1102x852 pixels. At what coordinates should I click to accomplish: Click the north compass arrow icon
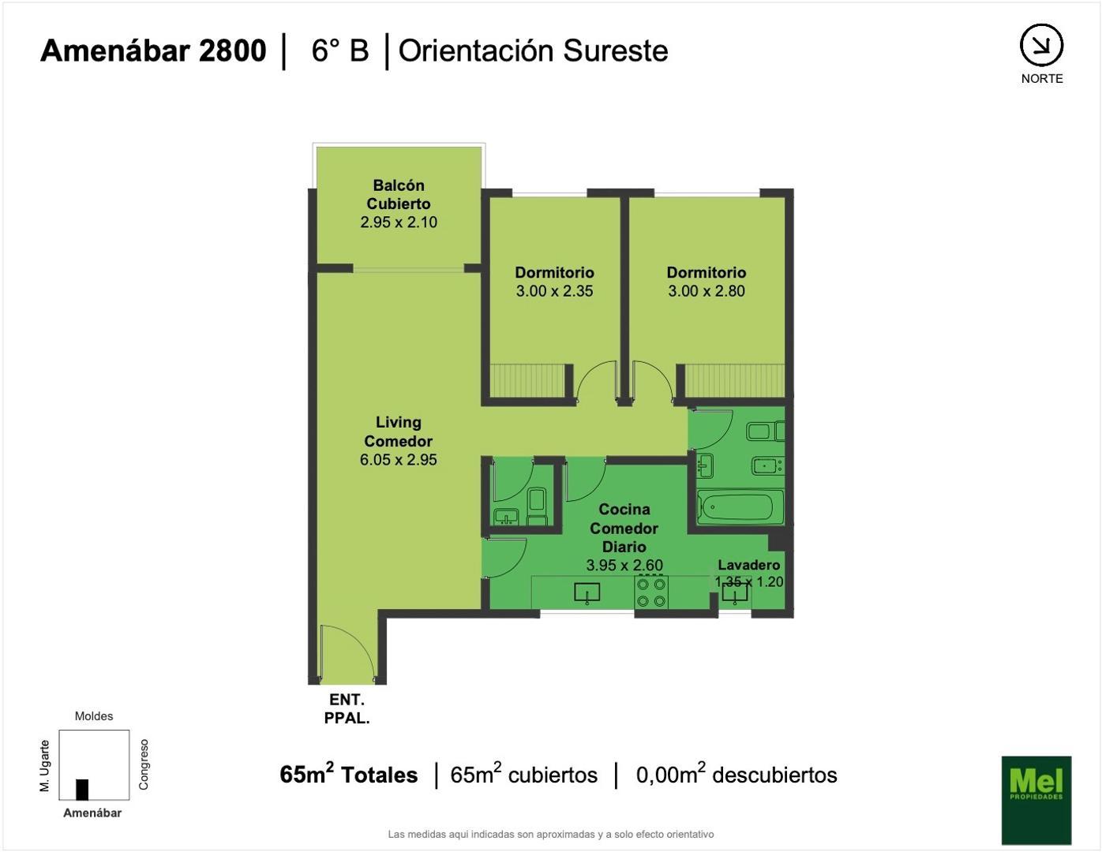point(1041,46)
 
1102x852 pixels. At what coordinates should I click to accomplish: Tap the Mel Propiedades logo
point(1036,799)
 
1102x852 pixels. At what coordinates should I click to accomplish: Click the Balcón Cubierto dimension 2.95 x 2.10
point(399,222)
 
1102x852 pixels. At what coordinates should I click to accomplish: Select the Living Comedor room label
point(398,432)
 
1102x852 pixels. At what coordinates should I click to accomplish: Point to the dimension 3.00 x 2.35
point(554,291)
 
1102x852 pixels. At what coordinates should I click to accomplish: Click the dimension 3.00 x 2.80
point(706,291)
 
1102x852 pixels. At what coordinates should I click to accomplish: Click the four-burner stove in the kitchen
point(651,592)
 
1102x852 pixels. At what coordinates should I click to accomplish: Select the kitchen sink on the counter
point(587,592)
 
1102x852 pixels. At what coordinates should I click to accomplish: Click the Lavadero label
point(748,565)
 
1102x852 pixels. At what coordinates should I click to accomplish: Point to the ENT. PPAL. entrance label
point(347,708)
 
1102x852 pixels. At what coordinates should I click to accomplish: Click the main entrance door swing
point(347,651)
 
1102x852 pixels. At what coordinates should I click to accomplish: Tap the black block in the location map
point(82,789)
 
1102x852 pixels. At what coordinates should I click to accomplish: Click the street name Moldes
point(94,716)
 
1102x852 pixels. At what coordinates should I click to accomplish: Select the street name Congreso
point(144,764)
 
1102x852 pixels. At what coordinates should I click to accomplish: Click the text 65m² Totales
point(348,775)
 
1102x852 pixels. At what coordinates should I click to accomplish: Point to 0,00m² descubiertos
point(736,775)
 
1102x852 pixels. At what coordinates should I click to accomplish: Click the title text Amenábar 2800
point(153,50)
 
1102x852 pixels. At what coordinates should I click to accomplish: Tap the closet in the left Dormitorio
point(527,380)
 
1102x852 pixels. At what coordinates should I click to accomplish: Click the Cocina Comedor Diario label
point(624,528)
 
